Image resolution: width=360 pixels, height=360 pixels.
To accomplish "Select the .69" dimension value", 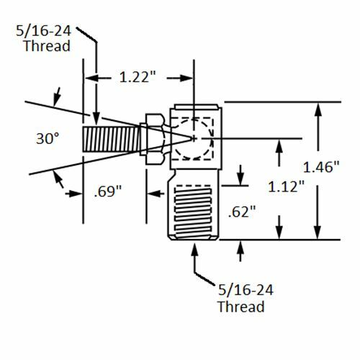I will click(107, 192).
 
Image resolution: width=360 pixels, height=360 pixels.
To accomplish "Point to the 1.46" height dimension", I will click(332, 166).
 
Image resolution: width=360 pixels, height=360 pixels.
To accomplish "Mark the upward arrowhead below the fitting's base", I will click(195, 249).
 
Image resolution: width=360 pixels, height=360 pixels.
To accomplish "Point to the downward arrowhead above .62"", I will click(241, 178).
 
